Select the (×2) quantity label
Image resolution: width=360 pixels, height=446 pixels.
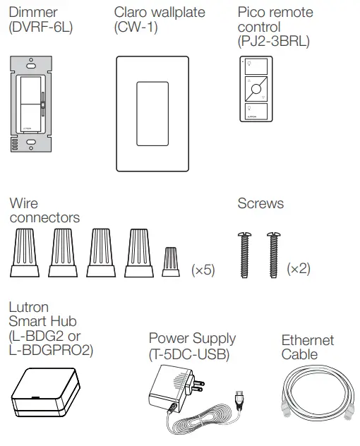tap(299, 269)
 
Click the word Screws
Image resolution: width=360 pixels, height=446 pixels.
tap(260, 203)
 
